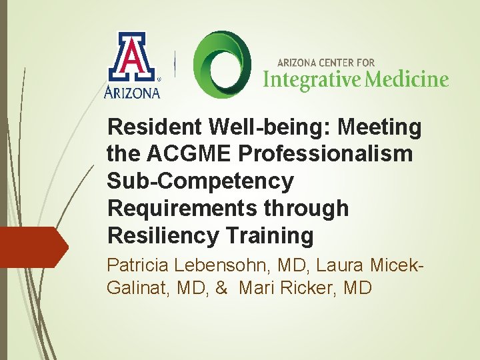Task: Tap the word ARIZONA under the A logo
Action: pyautogui.click(x=133, y=92)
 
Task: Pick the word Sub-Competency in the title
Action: pyautogui.click(x=200, y=181)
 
